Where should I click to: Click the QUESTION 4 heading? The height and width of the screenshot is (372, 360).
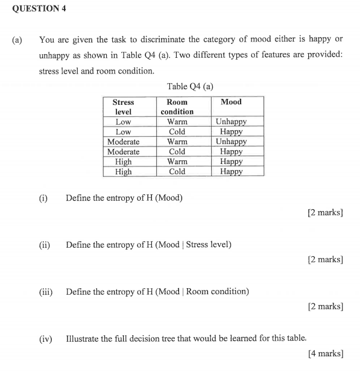tap(38, 8)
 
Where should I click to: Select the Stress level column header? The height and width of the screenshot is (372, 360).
tap(123, 107)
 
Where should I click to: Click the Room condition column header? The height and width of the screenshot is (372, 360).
tap(177, 107)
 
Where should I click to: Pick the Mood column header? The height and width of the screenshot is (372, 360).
tap(231, 102)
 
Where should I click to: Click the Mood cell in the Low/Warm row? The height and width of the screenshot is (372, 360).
tap(231, 122)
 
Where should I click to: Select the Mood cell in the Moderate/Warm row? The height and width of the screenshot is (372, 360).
tap(231, 142)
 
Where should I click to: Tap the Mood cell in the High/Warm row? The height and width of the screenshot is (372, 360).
tap(231, 162)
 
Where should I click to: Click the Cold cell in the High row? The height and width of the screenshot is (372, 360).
tap(177, 171)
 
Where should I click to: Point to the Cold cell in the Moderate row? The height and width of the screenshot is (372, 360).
tap(177, 151)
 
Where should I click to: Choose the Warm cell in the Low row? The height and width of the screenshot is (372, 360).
tap(177, 122)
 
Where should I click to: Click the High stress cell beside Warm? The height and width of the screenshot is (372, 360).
tap(123, 162)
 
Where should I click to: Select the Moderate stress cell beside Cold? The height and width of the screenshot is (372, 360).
tap(123, 151)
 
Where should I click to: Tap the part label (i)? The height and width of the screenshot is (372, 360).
tap(43, 198)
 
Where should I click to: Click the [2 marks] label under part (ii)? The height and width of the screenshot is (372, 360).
tap(325, 259)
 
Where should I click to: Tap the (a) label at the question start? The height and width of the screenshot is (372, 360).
tap(17, 40)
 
